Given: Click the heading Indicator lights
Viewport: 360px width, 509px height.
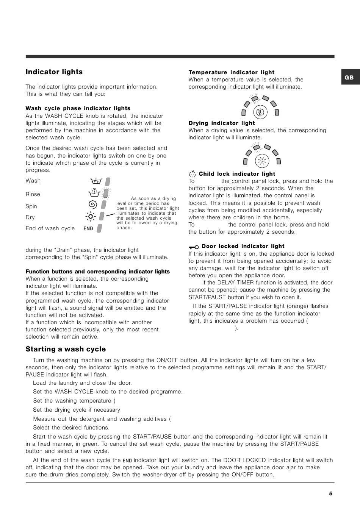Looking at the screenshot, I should (54, 72).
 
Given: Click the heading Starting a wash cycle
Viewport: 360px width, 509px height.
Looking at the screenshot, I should (66, 349).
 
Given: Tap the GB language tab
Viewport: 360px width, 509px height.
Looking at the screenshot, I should (349, 77).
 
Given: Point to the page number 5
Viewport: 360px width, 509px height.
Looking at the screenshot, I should (330, 493).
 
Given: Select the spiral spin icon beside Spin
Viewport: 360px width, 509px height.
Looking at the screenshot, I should (92, 205).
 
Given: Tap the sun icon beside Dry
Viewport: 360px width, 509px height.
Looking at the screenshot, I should (91, 217).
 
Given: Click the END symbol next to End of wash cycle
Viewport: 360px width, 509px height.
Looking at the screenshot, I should (88, 228).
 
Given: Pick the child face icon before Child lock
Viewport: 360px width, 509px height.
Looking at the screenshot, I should (193, 174).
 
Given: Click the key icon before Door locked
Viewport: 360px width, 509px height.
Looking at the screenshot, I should (194, 247).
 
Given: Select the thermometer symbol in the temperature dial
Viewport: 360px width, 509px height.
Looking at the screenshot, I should (260, 112).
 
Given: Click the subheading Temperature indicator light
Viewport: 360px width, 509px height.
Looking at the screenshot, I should (232, 72).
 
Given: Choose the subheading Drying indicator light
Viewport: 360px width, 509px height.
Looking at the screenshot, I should (222, 123).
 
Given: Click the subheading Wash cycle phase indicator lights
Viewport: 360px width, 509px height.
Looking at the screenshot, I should (78, 108).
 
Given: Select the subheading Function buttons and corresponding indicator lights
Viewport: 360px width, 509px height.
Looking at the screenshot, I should (98, 272).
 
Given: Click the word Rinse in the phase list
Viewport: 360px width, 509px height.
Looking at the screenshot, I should (33, 194).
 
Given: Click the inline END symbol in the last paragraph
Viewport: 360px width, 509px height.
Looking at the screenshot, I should (127, 461).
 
